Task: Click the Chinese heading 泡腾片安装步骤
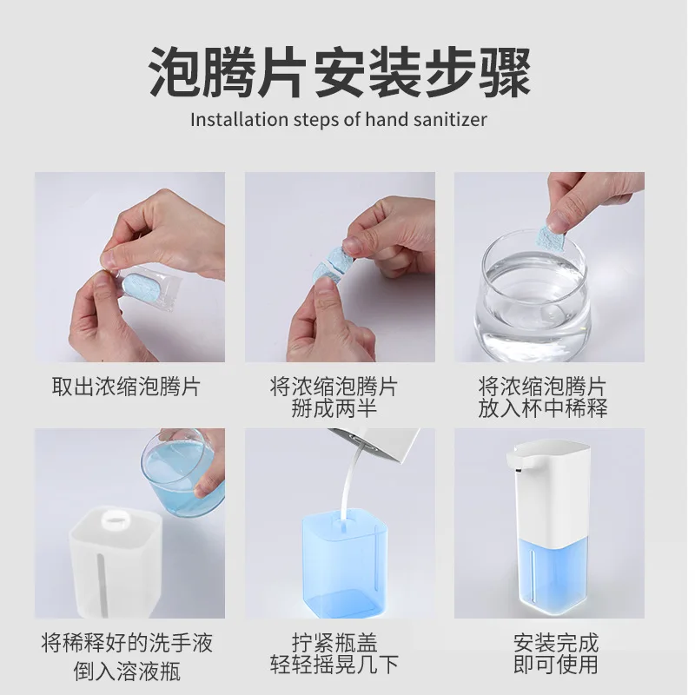pos(340,73)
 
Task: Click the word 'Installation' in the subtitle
pos(240,120)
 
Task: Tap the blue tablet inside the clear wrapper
pos(141,287)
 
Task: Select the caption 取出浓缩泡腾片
pos(126,387)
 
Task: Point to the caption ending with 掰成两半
pos(334,397)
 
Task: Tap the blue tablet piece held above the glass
pos(551,240)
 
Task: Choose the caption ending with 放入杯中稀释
pos(543,397)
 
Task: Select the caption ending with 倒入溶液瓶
pos(127,657)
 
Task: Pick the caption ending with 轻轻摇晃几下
pos(334,654)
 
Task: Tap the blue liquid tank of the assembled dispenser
pos(554,576)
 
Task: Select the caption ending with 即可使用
pos(556,654)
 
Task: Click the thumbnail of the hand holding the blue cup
pos(129,523)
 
